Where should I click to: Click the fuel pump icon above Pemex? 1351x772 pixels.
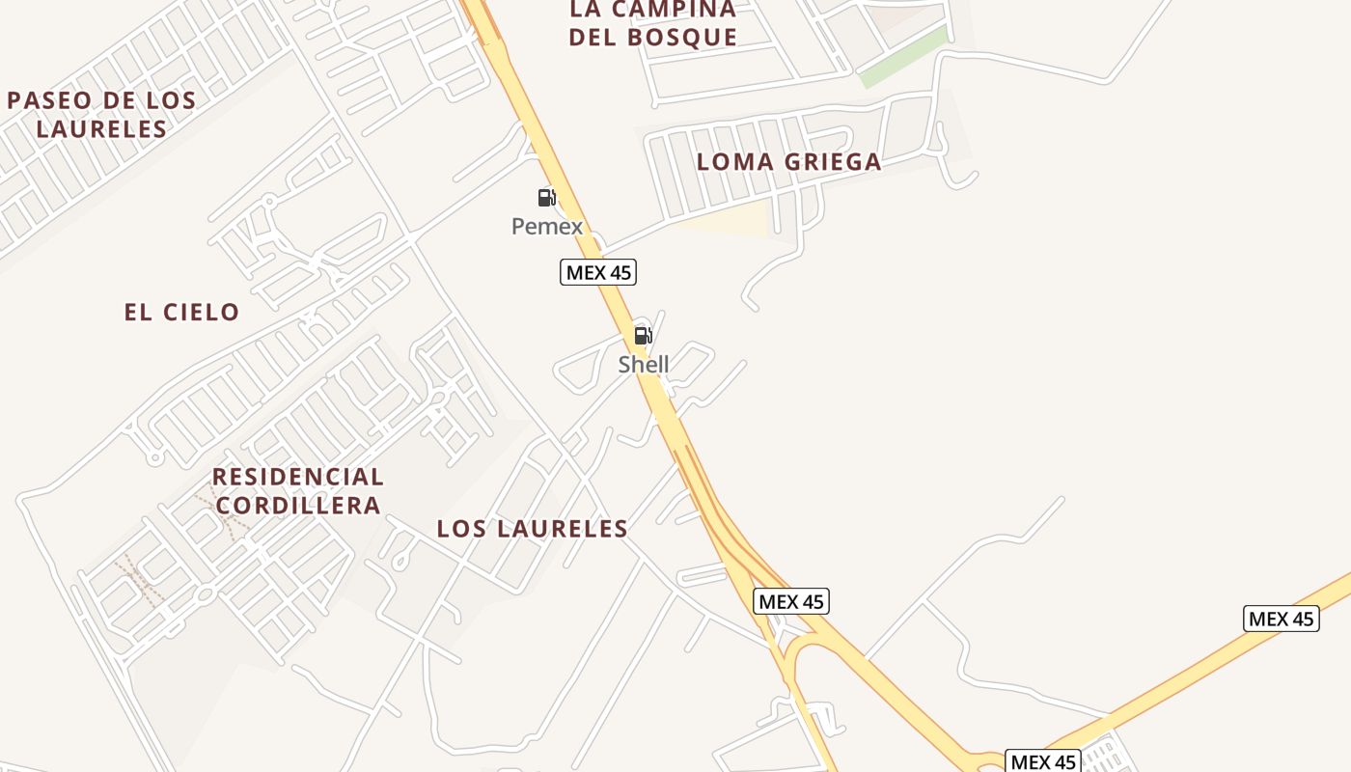point(547,198)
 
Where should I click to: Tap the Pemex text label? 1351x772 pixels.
point(547,227)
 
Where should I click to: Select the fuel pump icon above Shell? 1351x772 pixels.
point(643,336)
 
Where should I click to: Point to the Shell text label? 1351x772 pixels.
point(644,365)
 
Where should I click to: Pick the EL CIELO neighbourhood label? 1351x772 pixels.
point(181,312)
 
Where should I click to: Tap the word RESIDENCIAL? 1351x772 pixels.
point(298,477)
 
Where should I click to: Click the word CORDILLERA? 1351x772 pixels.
point(298,506)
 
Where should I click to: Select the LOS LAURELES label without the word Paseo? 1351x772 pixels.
point(533,529)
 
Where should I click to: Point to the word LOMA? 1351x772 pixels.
point(734,162)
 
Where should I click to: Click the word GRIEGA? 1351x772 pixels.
point(835,162)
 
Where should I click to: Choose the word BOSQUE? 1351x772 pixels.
point(682,38)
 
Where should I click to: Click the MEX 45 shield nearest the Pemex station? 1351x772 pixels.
point(598,272)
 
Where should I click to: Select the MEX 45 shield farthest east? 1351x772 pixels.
point(1282,619)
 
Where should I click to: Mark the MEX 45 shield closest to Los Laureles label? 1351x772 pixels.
point(791,601)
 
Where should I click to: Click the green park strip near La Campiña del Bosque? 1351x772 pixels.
point(903,57)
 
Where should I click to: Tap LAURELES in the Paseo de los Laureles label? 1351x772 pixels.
point(101,128)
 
